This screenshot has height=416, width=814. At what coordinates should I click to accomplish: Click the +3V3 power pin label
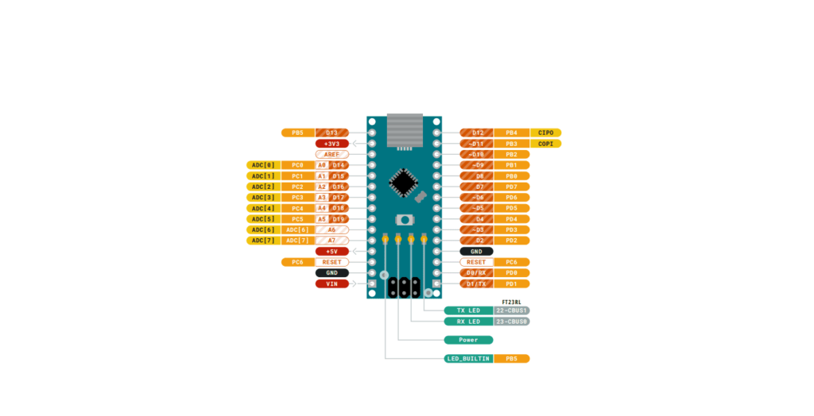click(331, 144)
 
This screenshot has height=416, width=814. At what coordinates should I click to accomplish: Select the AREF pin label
click(331, 154)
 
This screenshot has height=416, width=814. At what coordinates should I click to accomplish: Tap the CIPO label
click(545, 133)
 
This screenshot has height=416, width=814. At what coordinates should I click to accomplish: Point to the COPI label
click(545, 144)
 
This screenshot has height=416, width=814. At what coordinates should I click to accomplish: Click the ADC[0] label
click(263, 165)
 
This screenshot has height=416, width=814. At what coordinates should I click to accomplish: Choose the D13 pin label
click(331, 133)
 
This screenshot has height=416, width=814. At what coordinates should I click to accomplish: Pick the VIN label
click(331, 283)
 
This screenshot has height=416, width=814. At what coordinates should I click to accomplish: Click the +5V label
click(331, 251)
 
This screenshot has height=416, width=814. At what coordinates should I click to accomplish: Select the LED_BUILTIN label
click(467, 359)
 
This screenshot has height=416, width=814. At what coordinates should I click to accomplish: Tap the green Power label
click(469, 340)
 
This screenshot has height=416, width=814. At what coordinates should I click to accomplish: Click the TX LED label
click(468, 310)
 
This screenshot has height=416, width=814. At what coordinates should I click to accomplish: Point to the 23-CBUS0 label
click(511, 322)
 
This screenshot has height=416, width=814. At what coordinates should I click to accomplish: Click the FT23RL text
click(511, 302)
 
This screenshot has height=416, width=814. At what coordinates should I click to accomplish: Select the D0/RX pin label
click(476, 272)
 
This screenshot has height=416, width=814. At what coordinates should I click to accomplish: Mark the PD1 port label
click(511, 283)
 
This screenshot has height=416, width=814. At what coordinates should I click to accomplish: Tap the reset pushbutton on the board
click(405, 219)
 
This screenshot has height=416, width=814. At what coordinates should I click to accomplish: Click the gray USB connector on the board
click(405, 131)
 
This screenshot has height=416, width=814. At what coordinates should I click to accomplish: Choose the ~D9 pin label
click(476, 165)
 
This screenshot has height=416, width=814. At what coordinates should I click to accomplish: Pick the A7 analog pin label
click(331, 240)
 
